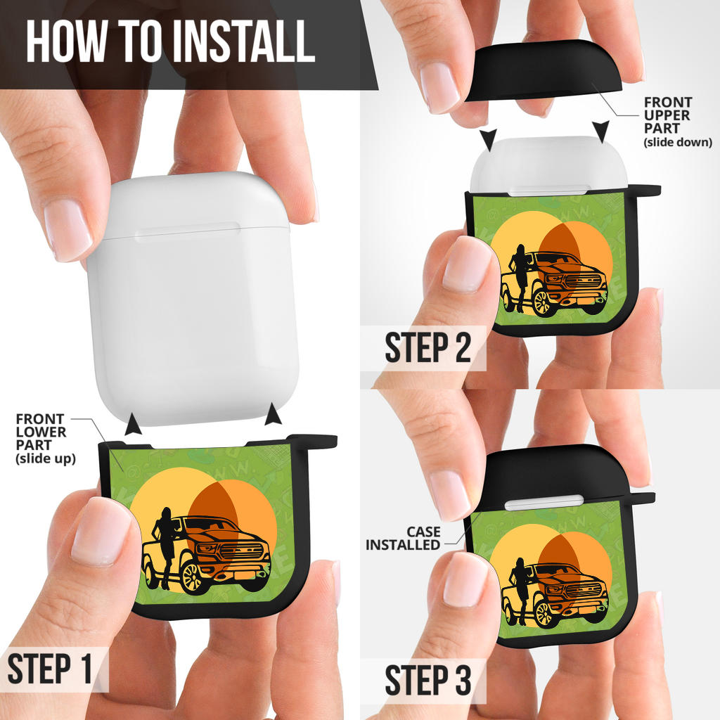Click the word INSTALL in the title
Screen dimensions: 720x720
tap(243, 41)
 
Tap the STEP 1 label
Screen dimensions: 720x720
tap(50, 669)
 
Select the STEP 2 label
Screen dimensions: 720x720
tap(428, 347)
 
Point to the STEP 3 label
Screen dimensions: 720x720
tap(428, 680)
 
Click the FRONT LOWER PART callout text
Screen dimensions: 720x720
tap(46, 439)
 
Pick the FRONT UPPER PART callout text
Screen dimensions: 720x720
tap(678, 122)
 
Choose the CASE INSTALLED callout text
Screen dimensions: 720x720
tap(403, 538)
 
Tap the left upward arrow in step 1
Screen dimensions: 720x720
tap(133, 423)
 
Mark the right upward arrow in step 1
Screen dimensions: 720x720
tap(274, 413)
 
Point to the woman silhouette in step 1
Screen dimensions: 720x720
tap(166, 548)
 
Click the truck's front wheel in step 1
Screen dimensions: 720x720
tap(192, 577)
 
